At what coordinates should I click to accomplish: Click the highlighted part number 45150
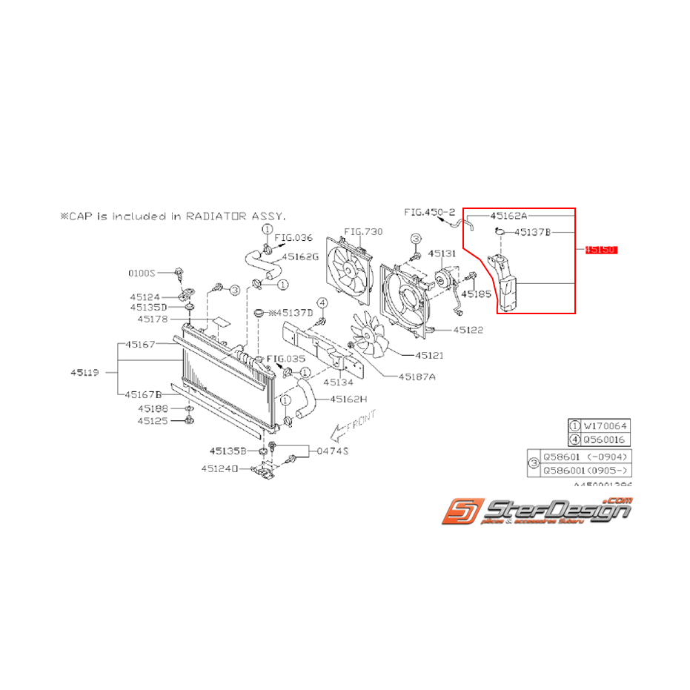pos(600,251)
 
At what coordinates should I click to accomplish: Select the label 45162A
pos(509,215)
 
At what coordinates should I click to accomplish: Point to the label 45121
pos(429,356)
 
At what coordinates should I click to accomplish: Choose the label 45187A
pos(417,376)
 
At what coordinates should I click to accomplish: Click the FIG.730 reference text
pos(365,231)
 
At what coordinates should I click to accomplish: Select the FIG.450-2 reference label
pos(429,212)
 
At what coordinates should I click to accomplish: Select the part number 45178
pos(153,319)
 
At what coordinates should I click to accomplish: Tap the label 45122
pos(468,330)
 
